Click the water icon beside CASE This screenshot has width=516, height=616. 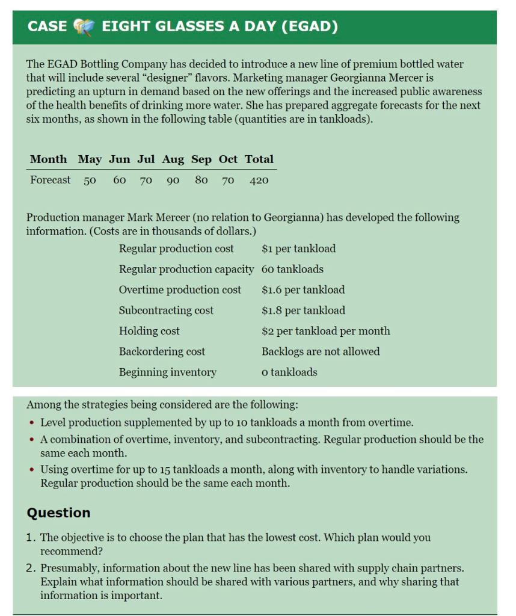pos(84,27)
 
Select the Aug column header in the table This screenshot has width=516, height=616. pos(173,159)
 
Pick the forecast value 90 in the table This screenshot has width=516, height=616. pos(173,180)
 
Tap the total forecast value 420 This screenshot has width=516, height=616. pos(259,180)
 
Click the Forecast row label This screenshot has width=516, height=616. pos(51,180)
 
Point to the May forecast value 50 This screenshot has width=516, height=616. pos(90,180)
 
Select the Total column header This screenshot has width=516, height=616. pos(259,159)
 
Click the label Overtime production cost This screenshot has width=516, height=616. pos(180,290)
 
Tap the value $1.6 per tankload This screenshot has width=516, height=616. pos(303,290)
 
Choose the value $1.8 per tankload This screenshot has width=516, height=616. pos(303,310)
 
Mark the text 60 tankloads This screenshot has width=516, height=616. pos(292,269)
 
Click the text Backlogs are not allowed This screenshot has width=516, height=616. pos(321,351)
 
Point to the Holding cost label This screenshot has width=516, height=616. pos(149,331)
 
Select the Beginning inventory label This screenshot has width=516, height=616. pos(167,372)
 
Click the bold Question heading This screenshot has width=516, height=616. pos(58,513)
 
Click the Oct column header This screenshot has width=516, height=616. pos(228,159)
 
